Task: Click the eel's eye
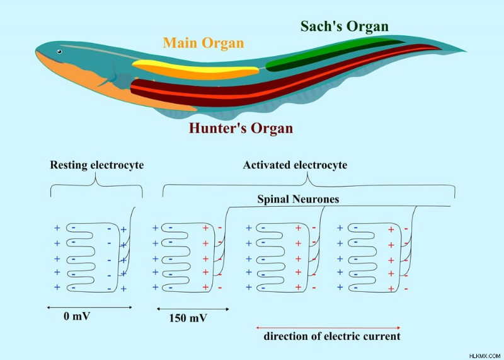(x=59, y=52)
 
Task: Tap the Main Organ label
(x=203, y=43)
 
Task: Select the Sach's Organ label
(x=345, y=26)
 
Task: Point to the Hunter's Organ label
(x=241, y=128)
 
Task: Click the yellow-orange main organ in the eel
(x=195, y=69)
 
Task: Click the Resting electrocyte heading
(x=97, y=165)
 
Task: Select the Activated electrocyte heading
(x=295, y=165)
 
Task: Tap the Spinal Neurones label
(x=298, y=199)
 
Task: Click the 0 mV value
(x=76, y=316)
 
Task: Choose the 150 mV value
(x=188, y=318)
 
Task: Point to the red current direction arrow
(x=328, y=328)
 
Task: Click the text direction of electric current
(x=332, y=336)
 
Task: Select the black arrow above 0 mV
(x=89, y=308)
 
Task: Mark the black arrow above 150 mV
(x=193, y=309)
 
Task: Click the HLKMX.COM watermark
(x=484, y=356)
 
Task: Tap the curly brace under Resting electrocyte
(x=96, y=185)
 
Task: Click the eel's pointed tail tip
(x=466, y=51)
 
